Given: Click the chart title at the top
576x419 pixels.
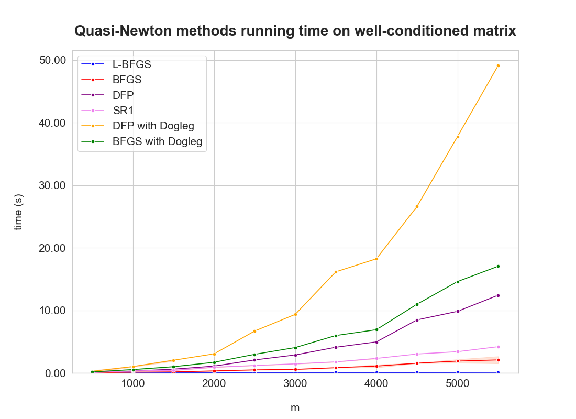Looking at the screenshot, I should click(x=295, y=31).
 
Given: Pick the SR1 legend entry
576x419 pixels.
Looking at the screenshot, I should click(x=123, y=111).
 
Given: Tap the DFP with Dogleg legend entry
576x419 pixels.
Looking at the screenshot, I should click(x=152, y=126).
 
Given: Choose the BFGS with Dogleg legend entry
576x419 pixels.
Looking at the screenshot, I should click(x=157, y=141).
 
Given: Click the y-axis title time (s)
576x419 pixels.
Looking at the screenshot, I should click(x=19, y=212).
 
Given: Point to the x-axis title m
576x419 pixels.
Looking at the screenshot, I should click(x=295, y=407).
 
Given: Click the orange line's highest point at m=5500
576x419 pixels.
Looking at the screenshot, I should click(x=498, y=65).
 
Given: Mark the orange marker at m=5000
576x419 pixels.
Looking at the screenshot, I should click(x=458, y=137).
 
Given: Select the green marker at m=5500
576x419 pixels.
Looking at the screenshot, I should click(x=498, y=266).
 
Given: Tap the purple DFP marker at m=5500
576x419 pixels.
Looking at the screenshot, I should click(x=498, y=295).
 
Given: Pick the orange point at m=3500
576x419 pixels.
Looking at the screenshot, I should click(x=336, y=272).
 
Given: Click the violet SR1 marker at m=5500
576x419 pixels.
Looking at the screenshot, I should click(x=498, y=347).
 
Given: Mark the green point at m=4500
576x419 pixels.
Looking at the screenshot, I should click(x=417, y=304).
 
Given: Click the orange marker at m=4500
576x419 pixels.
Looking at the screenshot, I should click(x=417, y=206).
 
